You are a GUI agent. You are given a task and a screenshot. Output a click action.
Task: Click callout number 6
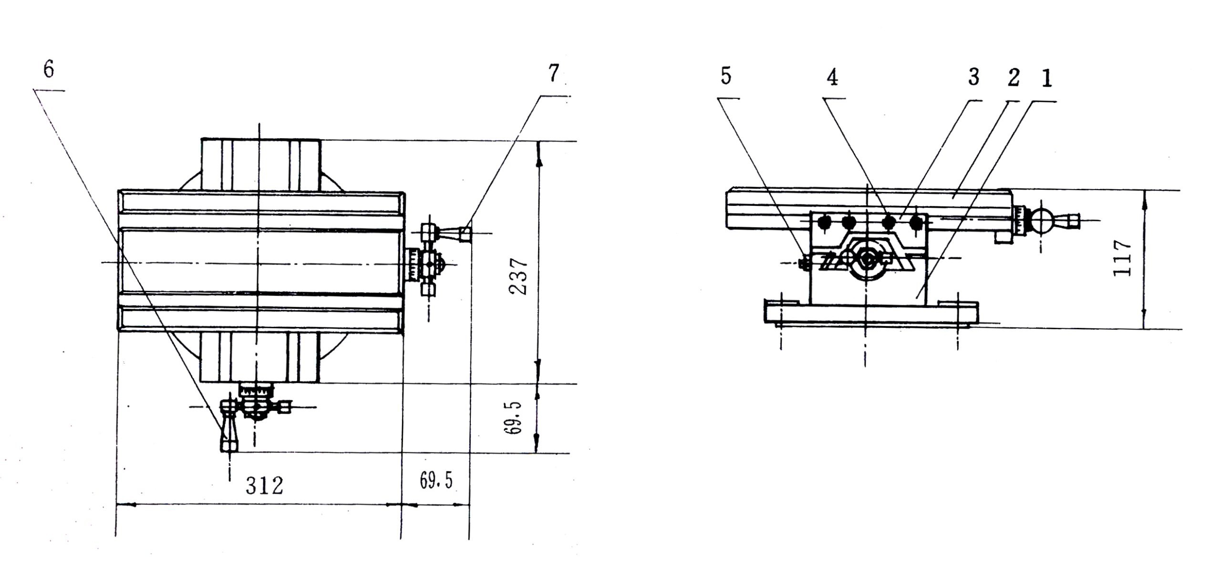(x=49, y=70)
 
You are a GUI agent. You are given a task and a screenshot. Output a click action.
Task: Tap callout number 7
(x=553, y=73)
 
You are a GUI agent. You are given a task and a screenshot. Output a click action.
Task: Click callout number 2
(x=1013, y=78)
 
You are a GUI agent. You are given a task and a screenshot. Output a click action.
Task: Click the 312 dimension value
(x=264, y=486)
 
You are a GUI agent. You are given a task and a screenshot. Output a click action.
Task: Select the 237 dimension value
(x=518, y=277)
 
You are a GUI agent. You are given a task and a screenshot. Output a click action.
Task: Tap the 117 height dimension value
(x=1122, y=258)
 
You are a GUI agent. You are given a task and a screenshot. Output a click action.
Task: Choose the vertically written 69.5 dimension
(x=513, y=418)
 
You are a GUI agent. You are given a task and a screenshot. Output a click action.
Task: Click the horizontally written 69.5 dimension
(x=436, y=481)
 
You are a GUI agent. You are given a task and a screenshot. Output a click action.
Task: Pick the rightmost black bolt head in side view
(x=916, y=222)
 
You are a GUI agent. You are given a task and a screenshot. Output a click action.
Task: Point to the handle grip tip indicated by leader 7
(x=466, y=234)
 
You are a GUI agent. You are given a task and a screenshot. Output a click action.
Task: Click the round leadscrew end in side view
(x=865, y=259)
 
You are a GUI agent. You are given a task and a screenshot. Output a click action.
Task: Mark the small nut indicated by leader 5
(x=804, y=262)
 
